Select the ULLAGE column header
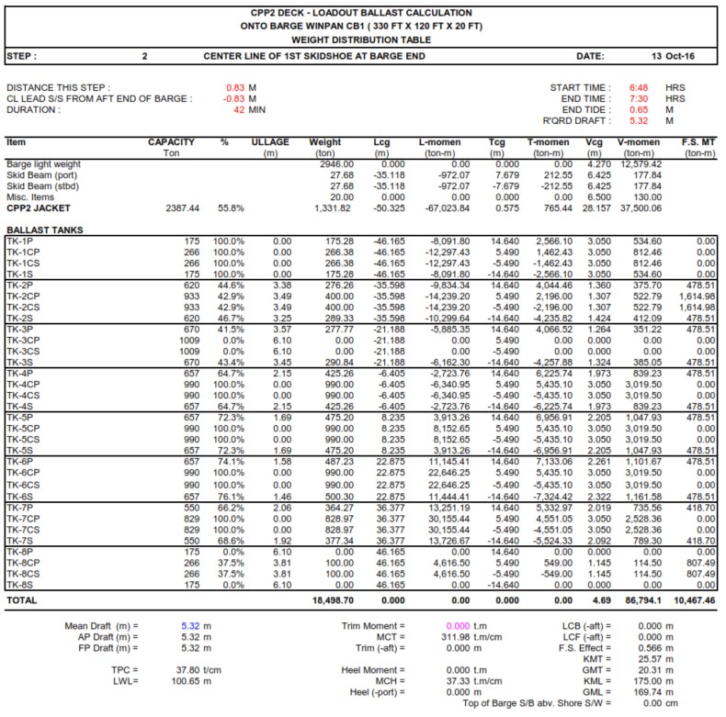[270, 142]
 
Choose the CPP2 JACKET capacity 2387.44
[179, 207]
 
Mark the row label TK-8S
[20, 584]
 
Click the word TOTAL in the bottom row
[22, 601]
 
